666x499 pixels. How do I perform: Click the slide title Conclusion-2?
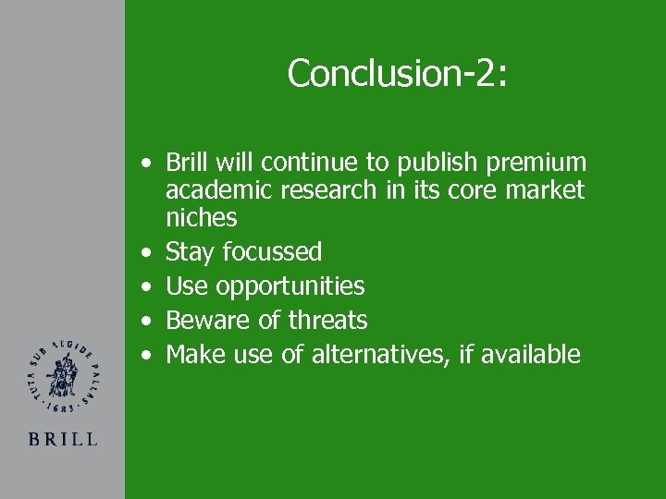coord(397,73)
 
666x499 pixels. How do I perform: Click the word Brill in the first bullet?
coord(188,163)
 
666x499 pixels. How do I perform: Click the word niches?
coord(201,218)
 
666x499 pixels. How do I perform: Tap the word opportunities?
coord(290,286)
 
